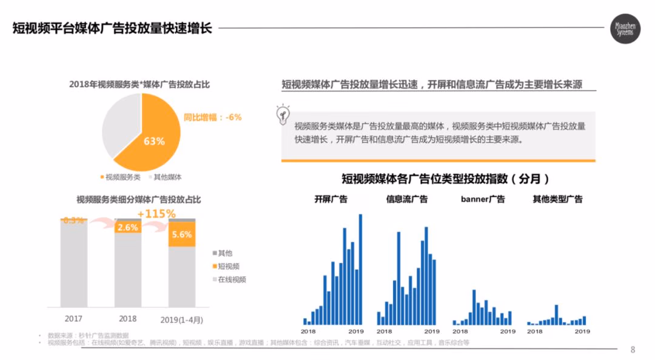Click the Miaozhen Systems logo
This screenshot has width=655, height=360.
[x=625, y=29]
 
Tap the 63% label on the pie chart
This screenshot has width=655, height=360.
[x=154, y=141]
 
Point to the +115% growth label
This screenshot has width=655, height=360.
[x=156, y=214]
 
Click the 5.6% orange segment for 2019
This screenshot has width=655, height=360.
[x=182, y=235]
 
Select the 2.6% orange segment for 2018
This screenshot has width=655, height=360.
[x=128, y=228]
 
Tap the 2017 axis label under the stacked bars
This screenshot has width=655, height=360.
[x=73, y=318]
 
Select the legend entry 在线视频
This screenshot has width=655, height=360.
[x=229, y=279]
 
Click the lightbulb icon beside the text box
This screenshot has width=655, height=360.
[x=283, y=115]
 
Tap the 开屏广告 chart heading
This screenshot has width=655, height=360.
[x=331, y=199]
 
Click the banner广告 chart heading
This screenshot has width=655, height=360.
[x=483, y=199]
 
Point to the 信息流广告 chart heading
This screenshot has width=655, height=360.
[x=407, y=199]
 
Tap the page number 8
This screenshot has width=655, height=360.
[x=633, y=349]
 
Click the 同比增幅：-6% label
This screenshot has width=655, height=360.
[x=212, y=117]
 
